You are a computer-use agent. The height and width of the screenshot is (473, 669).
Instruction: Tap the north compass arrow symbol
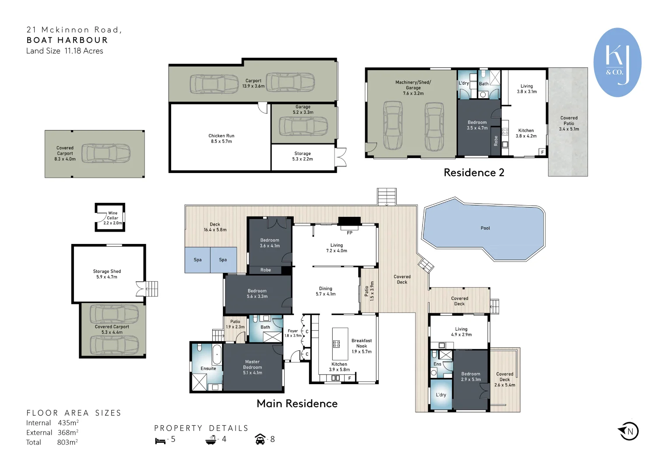628,431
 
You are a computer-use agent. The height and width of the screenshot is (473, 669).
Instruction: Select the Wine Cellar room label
113,218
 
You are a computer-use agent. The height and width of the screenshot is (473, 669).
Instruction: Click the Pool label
485,228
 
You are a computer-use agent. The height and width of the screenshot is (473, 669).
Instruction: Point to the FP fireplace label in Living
349,233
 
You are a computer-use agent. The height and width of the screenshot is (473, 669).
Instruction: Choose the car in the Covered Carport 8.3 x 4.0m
106,153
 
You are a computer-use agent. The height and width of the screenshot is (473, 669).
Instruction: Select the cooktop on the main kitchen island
336,344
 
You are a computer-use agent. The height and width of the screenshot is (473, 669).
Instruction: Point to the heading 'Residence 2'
474,173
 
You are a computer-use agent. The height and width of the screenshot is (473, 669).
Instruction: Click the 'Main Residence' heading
297,404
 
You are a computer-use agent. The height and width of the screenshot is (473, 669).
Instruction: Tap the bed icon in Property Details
160,441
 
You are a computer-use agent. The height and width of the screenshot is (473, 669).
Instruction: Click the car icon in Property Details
260,439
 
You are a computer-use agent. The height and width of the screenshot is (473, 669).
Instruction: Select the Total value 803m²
67,442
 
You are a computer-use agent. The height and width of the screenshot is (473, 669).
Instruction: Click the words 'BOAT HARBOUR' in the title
67,40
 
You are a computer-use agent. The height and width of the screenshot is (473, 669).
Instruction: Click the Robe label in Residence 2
496,141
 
